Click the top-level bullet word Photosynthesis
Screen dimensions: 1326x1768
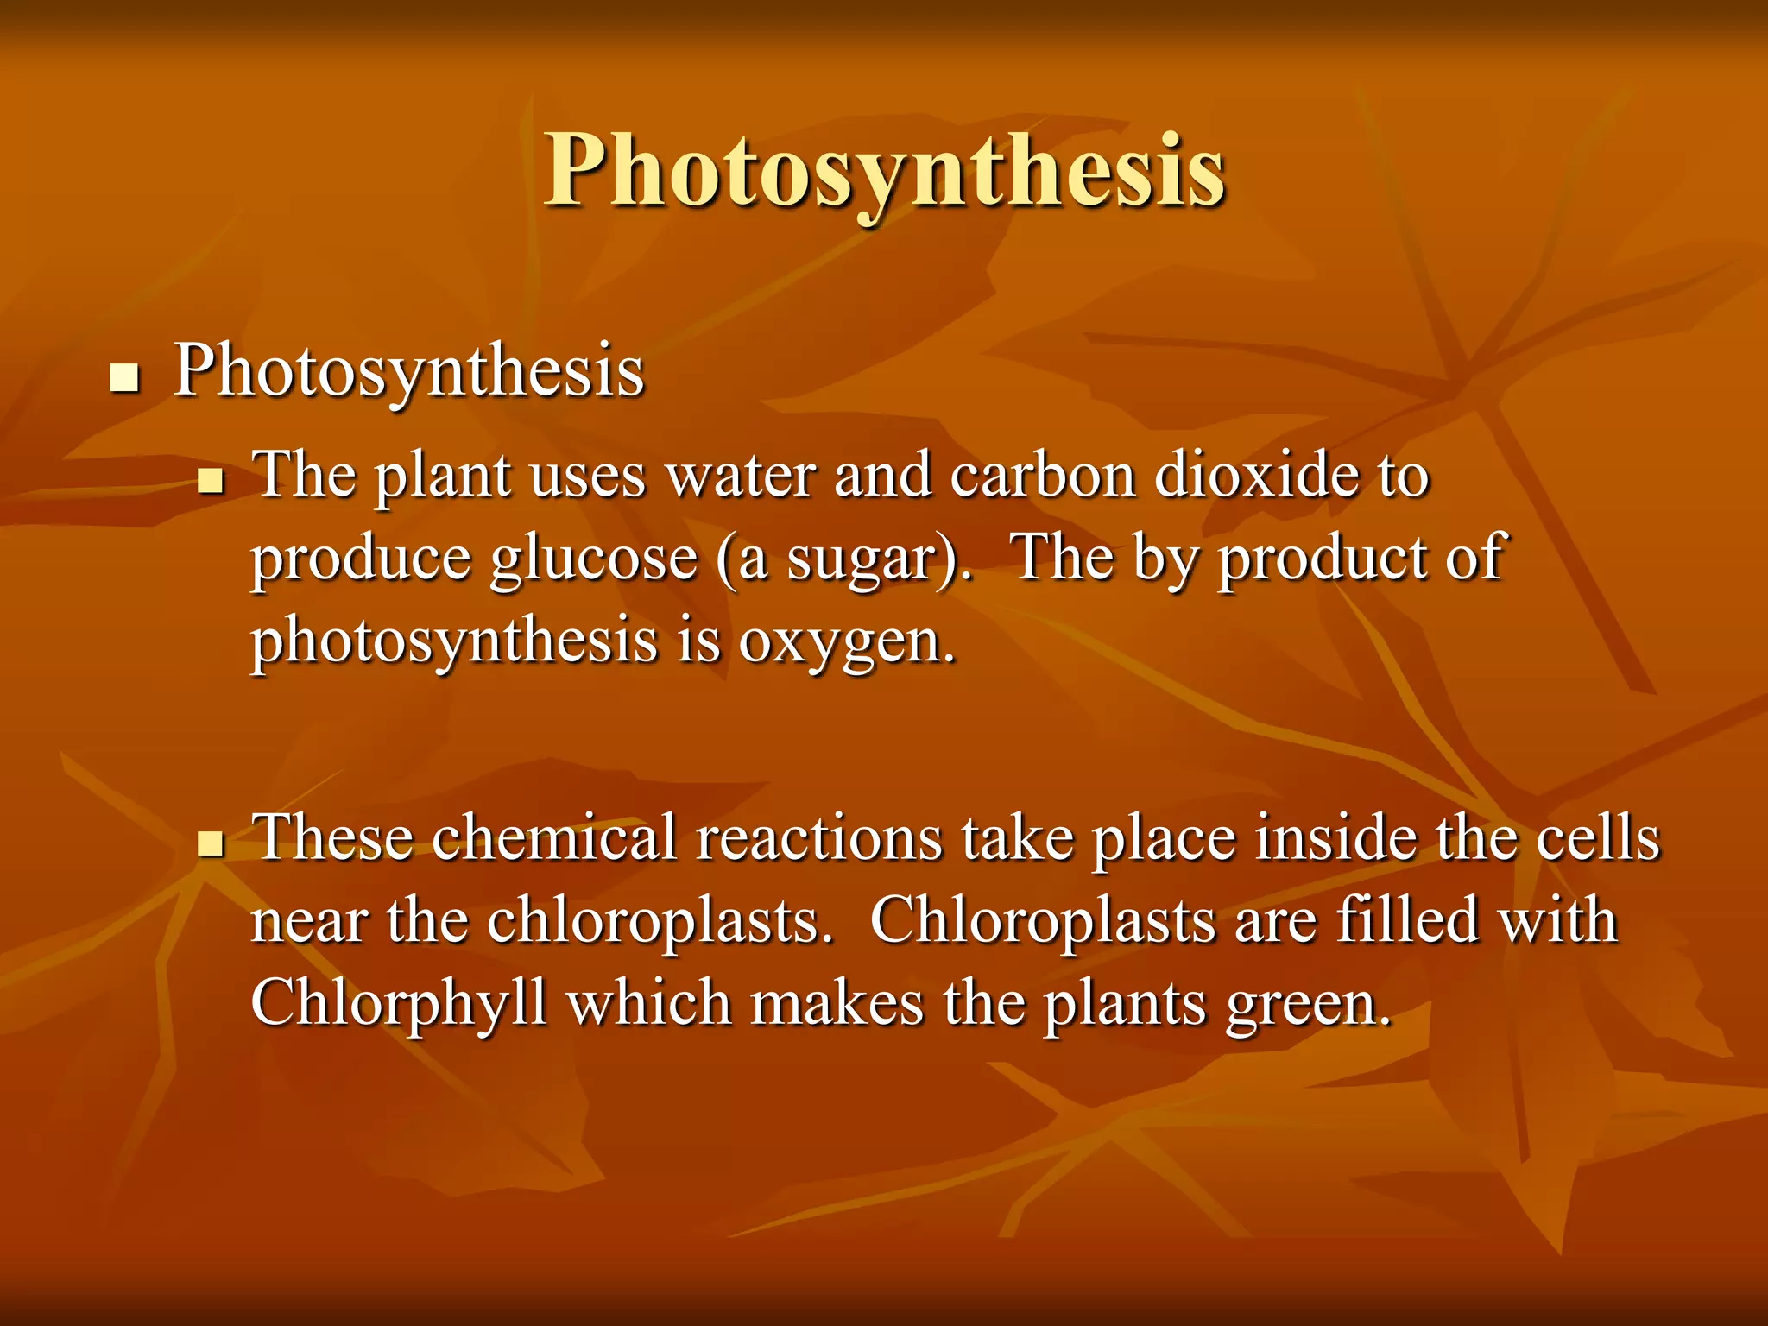[x=408, y=372]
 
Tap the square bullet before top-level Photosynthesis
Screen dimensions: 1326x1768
[x=125, y=378]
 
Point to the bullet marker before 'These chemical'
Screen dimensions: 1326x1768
[x=210, y=843]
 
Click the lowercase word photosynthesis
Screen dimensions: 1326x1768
[x=454, y=643]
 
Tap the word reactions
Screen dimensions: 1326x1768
[x=819, y=837]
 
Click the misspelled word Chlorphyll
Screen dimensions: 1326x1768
[x=398, y=1005]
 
